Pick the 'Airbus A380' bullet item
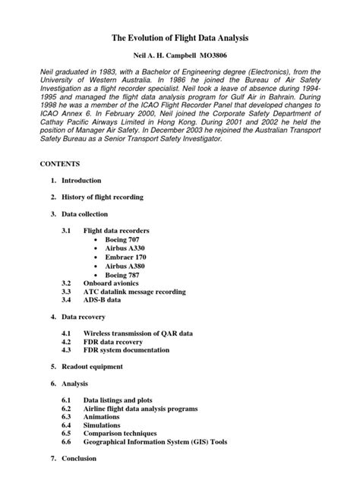coord(125,267)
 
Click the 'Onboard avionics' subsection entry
coord(112,283)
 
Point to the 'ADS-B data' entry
coord(102,299)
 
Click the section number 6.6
coord(66,441)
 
